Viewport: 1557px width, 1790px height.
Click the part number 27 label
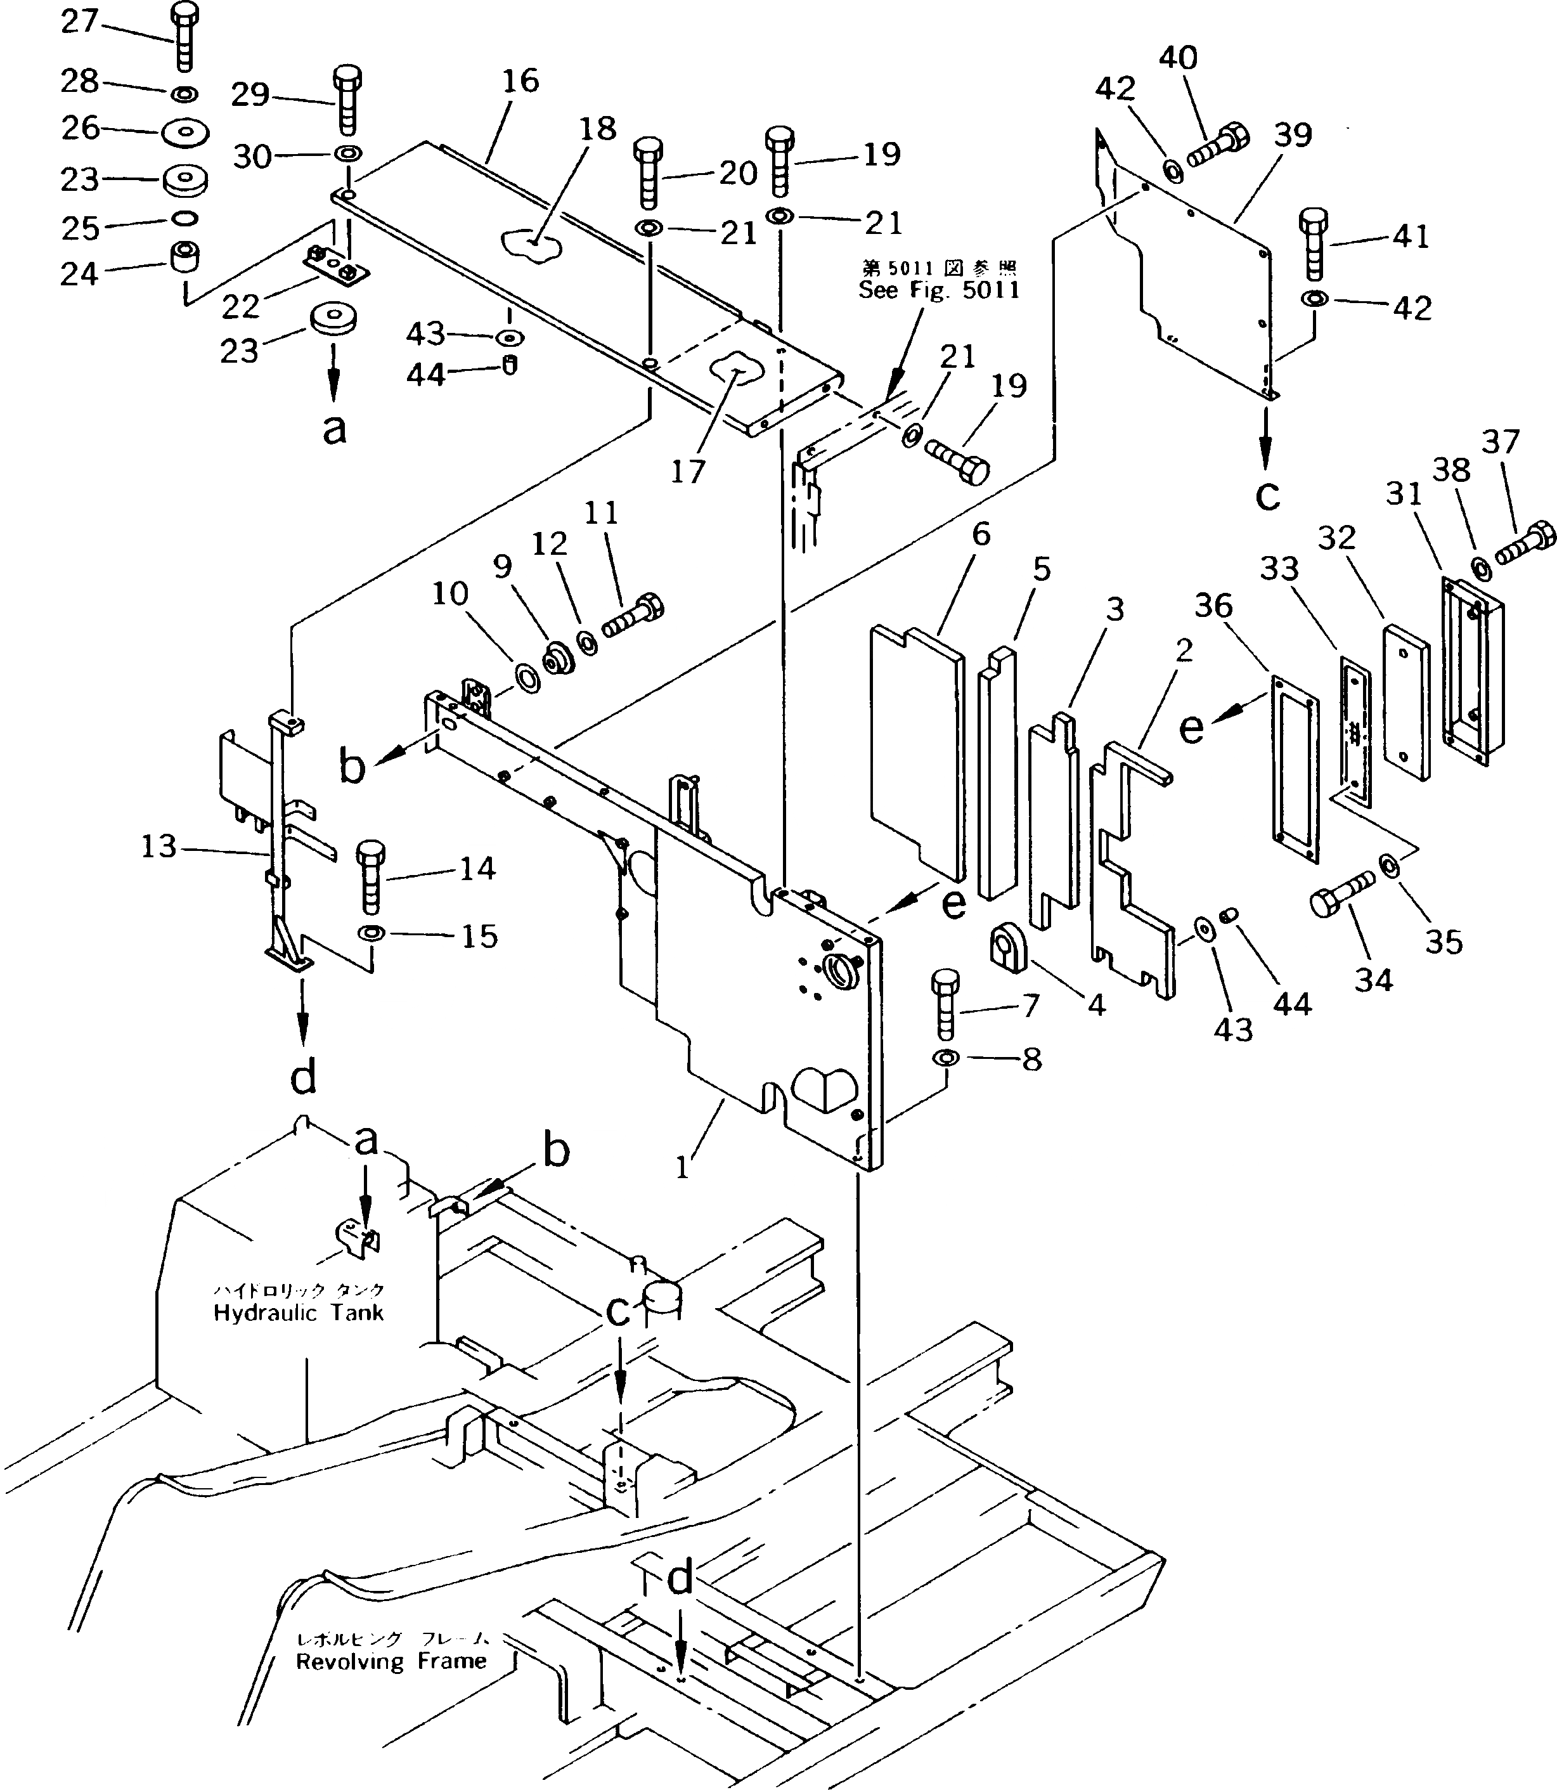(x=80, y=22)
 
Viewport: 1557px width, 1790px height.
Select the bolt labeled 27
(x=183, y=37)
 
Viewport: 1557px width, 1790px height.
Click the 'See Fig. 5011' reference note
(x=938, y=290)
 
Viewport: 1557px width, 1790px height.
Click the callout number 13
(x=159, y=846)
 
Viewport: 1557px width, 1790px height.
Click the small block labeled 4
(x=1009, y=946)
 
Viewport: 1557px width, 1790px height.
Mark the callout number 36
(x=1213, y=606)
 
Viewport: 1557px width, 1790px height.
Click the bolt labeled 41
(x=1315, y=244)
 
